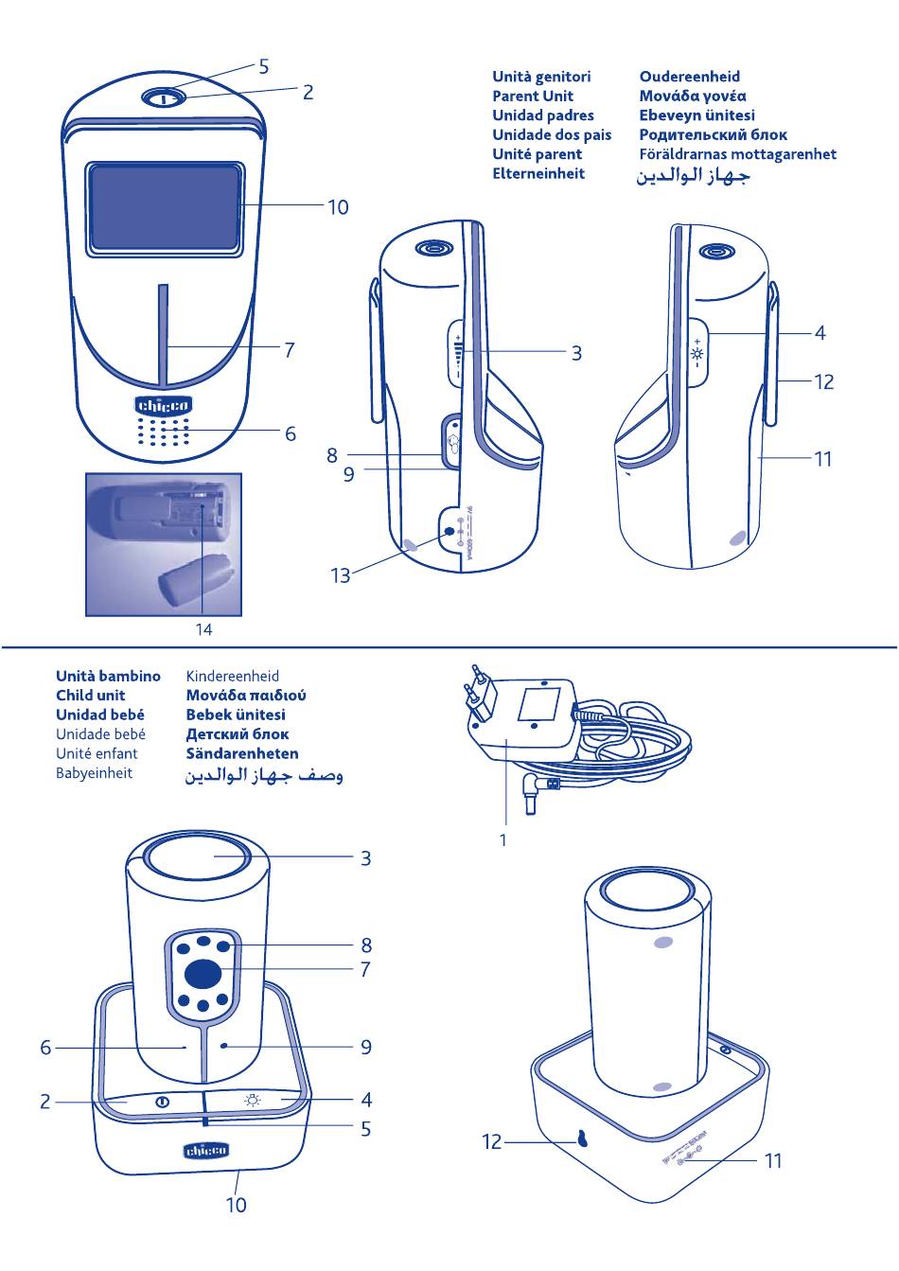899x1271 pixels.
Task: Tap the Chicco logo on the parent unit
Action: (164, 406)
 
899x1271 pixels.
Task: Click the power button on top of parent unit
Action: (162, 97)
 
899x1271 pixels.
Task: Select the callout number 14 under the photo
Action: (203, 628)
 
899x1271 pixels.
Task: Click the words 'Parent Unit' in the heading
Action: (532, 96)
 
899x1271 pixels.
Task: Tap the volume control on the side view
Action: (459, 354)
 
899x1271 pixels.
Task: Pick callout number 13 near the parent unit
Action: (340, 574)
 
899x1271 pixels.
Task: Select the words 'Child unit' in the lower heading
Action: (90, 696)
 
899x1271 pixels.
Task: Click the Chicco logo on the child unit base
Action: (205, 1151)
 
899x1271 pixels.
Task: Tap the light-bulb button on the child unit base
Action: (253, 1100)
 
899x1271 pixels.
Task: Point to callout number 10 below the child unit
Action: (236, 1205)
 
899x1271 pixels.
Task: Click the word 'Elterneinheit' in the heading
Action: (538, 173)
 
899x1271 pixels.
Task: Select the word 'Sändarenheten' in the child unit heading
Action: (241, 753)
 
